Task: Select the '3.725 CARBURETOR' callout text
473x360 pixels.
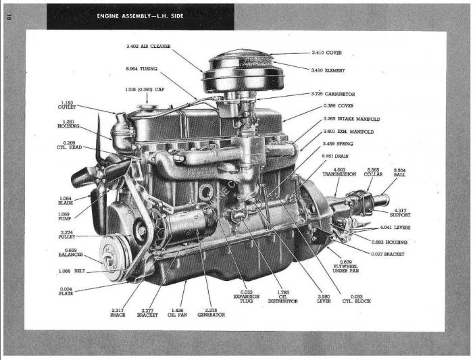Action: point(333,94)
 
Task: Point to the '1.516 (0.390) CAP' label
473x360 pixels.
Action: point(145,89)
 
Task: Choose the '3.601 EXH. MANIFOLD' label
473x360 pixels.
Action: point(348,132)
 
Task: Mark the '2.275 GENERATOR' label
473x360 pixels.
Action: point(211,312)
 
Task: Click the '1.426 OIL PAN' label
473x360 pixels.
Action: point(177,312)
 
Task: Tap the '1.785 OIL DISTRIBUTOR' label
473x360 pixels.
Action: point(284,298)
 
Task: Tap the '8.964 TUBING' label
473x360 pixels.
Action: point(141,68)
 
